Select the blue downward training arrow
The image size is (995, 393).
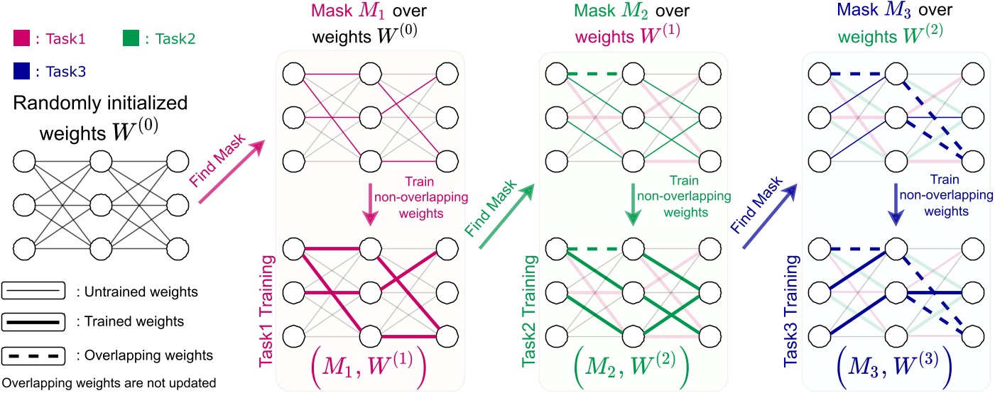[x=897, y=201]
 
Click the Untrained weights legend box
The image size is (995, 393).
[x=33, y=290]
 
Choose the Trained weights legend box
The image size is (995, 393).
[x=33, y=321]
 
